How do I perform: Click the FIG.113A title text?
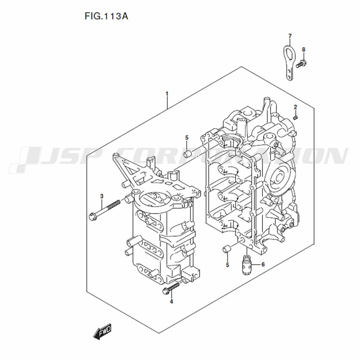click(106, 16)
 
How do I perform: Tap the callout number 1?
click(167, 94)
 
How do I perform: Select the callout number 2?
click(296, 107)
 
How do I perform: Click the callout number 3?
click(102, 196)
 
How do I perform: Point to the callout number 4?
click(171, 301)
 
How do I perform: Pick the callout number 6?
click(263, 265)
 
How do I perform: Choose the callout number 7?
click(290, 36)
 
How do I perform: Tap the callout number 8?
click(303, 50)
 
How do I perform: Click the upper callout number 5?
click(186, 138)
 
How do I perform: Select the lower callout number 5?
click(227, 265)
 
